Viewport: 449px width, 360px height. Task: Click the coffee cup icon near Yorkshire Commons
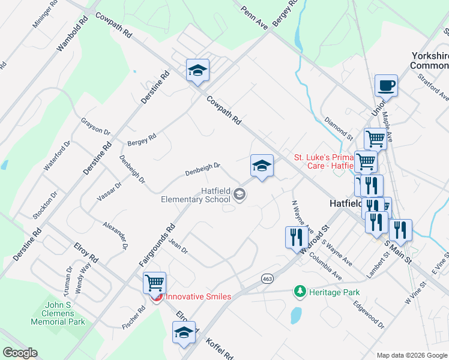click(386, 85)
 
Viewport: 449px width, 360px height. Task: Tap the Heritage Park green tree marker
click(300, 292)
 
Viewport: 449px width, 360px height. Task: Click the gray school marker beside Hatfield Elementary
click(240, 193)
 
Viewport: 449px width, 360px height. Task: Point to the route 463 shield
click(268, 278)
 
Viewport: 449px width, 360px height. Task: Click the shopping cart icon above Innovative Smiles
click(154, 282)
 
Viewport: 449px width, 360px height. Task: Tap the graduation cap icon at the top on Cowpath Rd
click(197, 70)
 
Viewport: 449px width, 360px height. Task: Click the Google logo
click(20, 353)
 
